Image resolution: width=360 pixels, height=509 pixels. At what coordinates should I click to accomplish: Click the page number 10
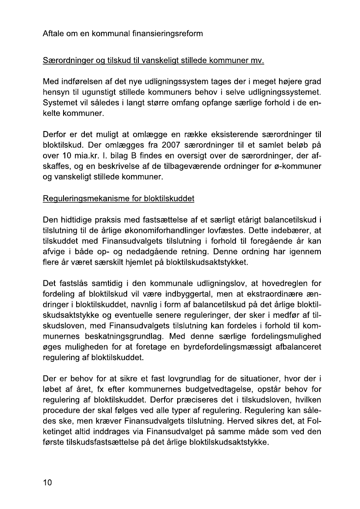tap(47, 482)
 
